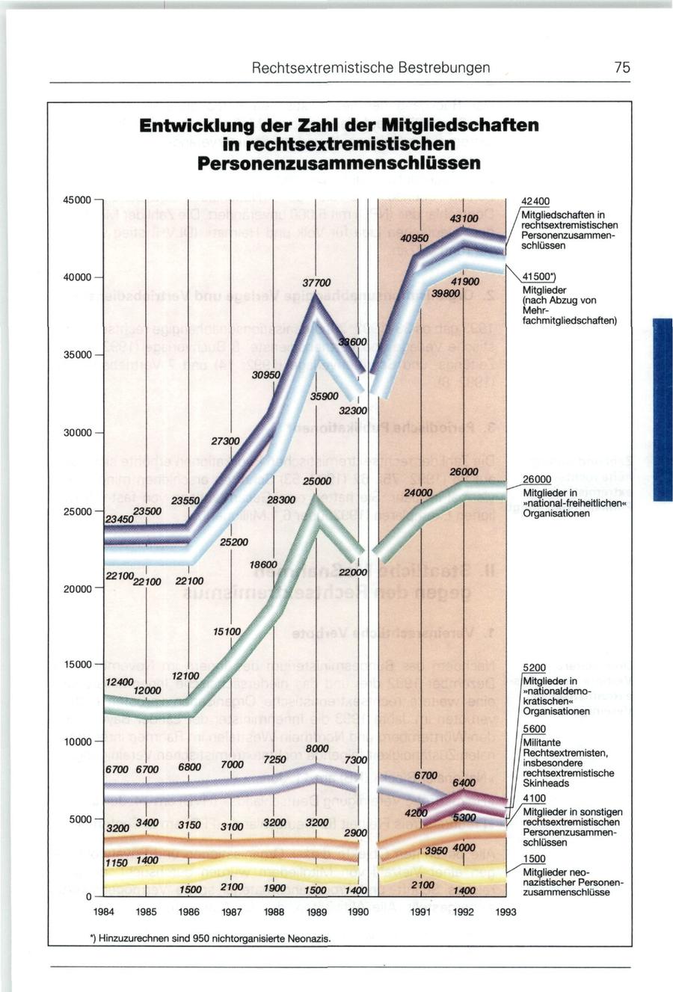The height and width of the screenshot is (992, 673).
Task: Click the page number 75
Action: tap(622, 67)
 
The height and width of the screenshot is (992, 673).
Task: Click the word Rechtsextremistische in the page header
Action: tap(311, 67)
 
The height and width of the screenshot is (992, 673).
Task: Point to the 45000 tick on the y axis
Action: tap(77, 200)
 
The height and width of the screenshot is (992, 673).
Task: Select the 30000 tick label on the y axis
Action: tap(77, 434)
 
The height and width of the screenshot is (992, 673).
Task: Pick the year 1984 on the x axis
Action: tap(103, 912)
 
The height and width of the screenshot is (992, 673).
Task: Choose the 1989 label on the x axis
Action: tap(318, 912)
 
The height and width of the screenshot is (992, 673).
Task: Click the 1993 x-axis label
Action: tap(505, 912)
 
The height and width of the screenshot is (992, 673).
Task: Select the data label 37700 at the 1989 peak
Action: tap(316, 284)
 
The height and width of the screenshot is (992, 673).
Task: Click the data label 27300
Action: tap(225, 442)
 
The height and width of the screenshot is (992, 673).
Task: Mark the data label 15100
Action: tap(227, 632)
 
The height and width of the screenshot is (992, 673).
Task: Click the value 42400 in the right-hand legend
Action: tap(535, 201)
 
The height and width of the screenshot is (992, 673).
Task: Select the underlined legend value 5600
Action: tap(534, 729)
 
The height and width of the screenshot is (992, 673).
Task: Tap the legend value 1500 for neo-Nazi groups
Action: tap(534, 858)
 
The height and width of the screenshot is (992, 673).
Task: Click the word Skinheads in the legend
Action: tap(545, 783)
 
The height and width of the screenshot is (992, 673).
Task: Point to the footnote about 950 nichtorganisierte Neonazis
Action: tap(211, 938)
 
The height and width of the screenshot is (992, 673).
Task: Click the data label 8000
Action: tap(317, 748)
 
